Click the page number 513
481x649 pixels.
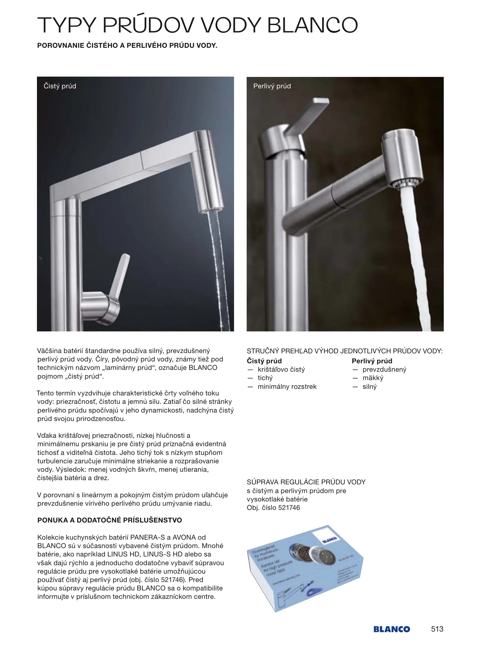coord(437,629)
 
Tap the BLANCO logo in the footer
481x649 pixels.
coord(391,629)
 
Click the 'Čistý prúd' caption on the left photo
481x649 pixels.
coord(60,86)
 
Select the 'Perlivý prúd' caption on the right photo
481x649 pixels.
coord(272,86)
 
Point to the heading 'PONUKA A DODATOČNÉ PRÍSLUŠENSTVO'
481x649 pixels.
coord(110,520)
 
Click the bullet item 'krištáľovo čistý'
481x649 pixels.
coord(281,370)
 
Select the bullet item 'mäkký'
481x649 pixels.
coord(373,378)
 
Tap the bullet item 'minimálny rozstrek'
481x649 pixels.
coord(287,387)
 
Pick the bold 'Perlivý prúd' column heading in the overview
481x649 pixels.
coord(372,361)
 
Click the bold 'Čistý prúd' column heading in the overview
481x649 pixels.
coord(264,361)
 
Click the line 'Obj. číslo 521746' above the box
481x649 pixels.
coord(273,507)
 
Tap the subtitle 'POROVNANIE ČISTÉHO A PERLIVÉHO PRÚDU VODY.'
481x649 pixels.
coord(127,46)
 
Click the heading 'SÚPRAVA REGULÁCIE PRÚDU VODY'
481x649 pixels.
coord(306,482)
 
